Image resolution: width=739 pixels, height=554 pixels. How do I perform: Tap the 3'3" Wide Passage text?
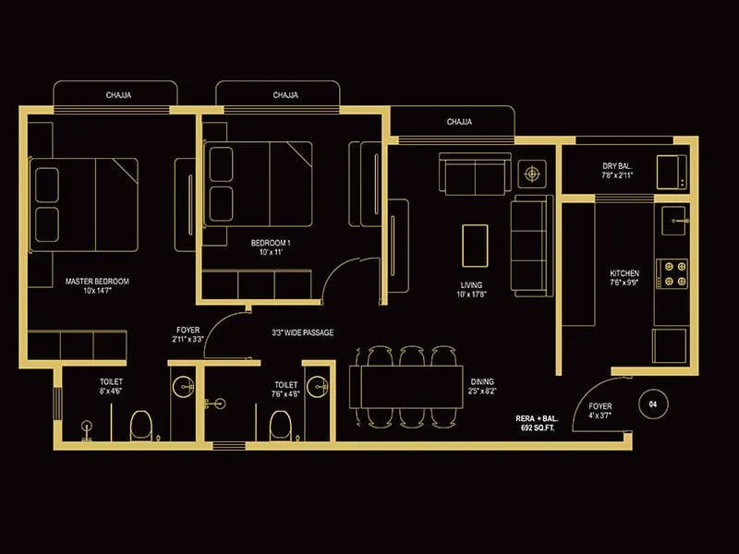(303, 332)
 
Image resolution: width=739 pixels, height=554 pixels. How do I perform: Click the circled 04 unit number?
(653, 404)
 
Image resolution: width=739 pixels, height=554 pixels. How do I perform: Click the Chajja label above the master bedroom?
(115, 95)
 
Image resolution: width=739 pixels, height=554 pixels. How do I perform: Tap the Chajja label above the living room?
(459, 122)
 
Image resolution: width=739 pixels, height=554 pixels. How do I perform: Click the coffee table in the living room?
(475, 242)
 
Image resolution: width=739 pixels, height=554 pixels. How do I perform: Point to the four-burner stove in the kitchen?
(674, 273)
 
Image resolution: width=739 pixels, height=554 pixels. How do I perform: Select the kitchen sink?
(673, 220)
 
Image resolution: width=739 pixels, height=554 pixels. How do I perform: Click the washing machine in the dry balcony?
(672, 172)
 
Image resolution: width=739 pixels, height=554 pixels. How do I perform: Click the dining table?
(406, 386)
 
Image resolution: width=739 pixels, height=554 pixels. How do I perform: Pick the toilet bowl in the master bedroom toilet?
(141, 425)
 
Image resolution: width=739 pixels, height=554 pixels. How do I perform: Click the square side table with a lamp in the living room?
(532, 173)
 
